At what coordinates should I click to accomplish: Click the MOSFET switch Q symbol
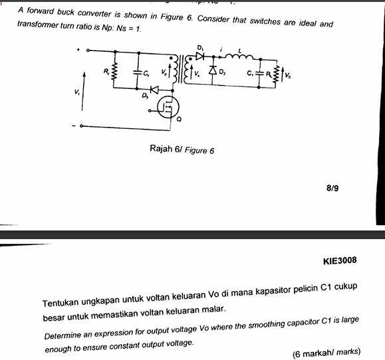169,106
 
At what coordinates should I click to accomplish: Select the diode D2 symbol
214,69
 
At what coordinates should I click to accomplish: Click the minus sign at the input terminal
74,125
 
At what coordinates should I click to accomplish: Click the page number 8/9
332,189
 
